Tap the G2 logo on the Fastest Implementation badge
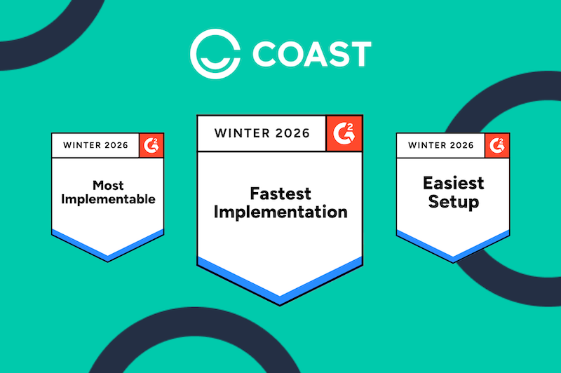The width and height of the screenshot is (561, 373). pos(344,133)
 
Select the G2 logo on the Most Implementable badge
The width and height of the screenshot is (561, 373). pos(151,145)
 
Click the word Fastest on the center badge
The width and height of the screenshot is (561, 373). pos(280,192)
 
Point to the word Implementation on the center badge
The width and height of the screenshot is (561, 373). pos(280,211)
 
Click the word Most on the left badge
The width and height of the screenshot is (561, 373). pos(108,185)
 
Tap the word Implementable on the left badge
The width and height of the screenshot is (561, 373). pos(108,200)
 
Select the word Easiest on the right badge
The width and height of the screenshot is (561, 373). pos(453,184)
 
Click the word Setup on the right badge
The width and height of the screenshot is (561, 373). pos(453,203)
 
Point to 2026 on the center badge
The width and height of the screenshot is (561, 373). pos(288,133)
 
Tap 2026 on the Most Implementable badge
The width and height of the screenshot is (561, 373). pos(114,146)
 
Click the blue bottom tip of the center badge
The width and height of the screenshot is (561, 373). pos(280,297)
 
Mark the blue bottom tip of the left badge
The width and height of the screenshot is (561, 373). pos(108,256)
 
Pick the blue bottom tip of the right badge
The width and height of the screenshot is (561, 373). pos(453,256)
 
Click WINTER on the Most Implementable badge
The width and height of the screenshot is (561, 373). pos(81,146)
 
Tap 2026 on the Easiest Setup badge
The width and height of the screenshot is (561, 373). pos(460,146)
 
